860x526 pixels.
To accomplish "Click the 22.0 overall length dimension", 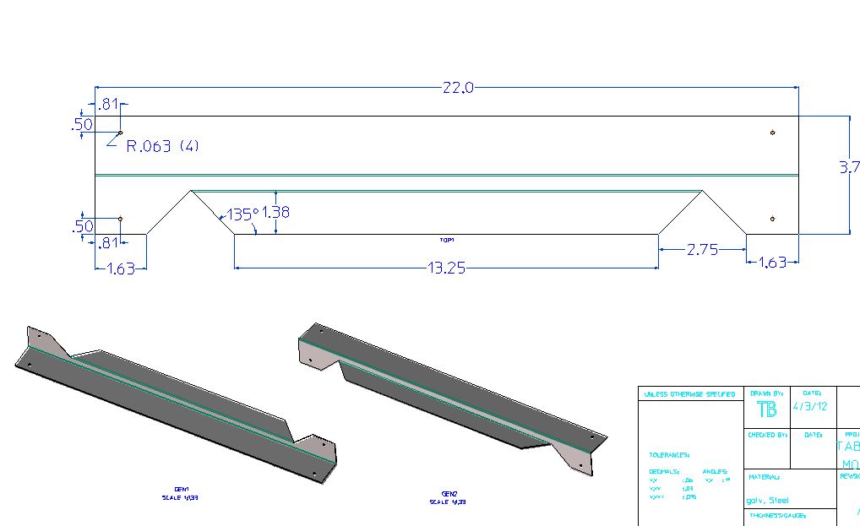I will pyautogui.click(x=457, y=87).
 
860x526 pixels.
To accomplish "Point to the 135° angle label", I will pyautogui.click(x=242, y=214).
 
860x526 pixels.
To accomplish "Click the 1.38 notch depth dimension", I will pyautogui.click(x=275, y=212).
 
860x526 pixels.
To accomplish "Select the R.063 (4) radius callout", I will pyautogui.click(x=162, y=146).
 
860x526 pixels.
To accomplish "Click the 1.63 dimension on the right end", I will pyautogui.click(x=771, y=262).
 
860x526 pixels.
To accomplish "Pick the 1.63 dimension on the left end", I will pyautogui.click(x=120, y=269).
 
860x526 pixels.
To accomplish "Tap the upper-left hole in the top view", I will pyautogui.click(x=121, y=133).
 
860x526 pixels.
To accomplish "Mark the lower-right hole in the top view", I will pyautogui.click(x=772, y=219).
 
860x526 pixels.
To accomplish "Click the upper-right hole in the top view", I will pyautogui.click(x=772, y=133).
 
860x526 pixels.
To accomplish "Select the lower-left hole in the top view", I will pyautogui.click(x=121, y=219).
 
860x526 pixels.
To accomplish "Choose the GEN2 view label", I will pyautogui.click(x=449, y=494).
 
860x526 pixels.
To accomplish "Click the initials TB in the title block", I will pyautogui.click(x=766, y=409).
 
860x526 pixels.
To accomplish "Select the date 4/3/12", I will pyautogui.click(x=812, y=405).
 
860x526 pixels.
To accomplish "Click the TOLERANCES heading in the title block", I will pyautogui.click(x=669, y=454).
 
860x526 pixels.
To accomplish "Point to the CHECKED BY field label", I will pyautogui.click(x=766, y=435).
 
